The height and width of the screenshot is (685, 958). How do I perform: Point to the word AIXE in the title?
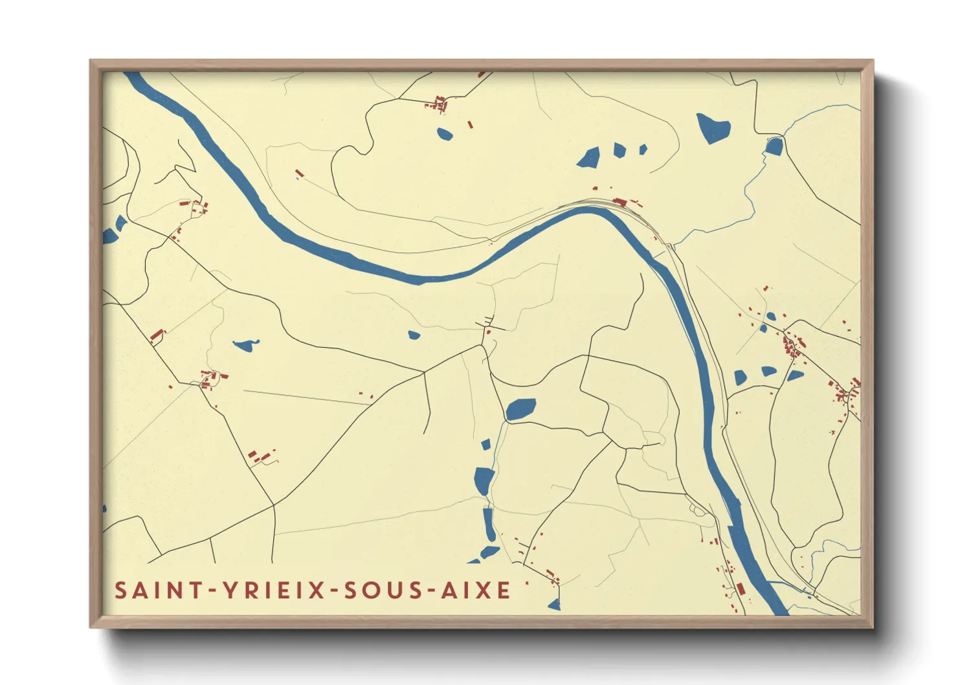click(x=476, y=590)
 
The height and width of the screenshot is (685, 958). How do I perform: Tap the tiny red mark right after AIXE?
click(x=527, y=583)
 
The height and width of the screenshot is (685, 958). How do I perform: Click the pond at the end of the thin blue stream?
click(x=774, y=146)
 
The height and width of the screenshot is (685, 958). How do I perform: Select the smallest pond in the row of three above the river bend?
click(x=643, y=150)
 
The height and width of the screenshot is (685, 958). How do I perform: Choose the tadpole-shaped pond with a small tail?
click(x=245, y=346)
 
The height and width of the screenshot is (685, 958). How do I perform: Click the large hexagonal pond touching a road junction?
click(x=520, y=409)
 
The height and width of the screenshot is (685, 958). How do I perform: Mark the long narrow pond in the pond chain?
click(x=489, y=524)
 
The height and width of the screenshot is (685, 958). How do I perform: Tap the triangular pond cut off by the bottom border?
click(x=554, y=605)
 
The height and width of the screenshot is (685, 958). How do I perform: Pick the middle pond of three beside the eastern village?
click(x=768, y=372)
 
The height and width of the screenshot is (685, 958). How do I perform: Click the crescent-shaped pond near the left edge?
click(x=120, y=223)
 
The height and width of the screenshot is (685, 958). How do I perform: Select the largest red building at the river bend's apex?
click(x=619, y=202)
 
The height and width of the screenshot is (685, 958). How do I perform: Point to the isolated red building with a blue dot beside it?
click(x=298, y=174)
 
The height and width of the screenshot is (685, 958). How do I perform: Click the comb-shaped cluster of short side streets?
click(x=485, y=322)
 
